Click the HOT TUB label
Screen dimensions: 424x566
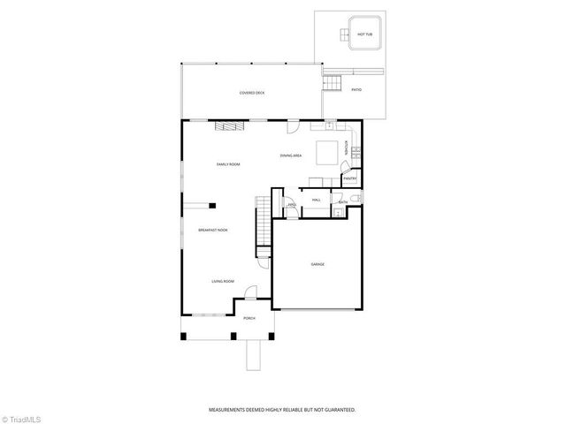click(363, 34)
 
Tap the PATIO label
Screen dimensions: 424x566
click(356, 90)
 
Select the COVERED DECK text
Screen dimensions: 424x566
click(252, 93)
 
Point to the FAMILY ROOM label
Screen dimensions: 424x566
click(229, 164)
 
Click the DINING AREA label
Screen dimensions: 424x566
click(291, 155)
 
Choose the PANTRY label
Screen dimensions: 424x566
click(349, 178)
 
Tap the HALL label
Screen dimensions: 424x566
click(316, 201)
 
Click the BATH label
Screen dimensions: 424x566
click(343, 202)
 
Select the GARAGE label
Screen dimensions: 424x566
click(317, 264)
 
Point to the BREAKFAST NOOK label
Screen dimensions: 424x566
click(212, 231)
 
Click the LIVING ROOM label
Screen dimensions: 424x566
click(223, 282)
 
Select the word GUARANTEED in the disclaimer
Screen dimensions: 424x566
click(337, 410)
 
